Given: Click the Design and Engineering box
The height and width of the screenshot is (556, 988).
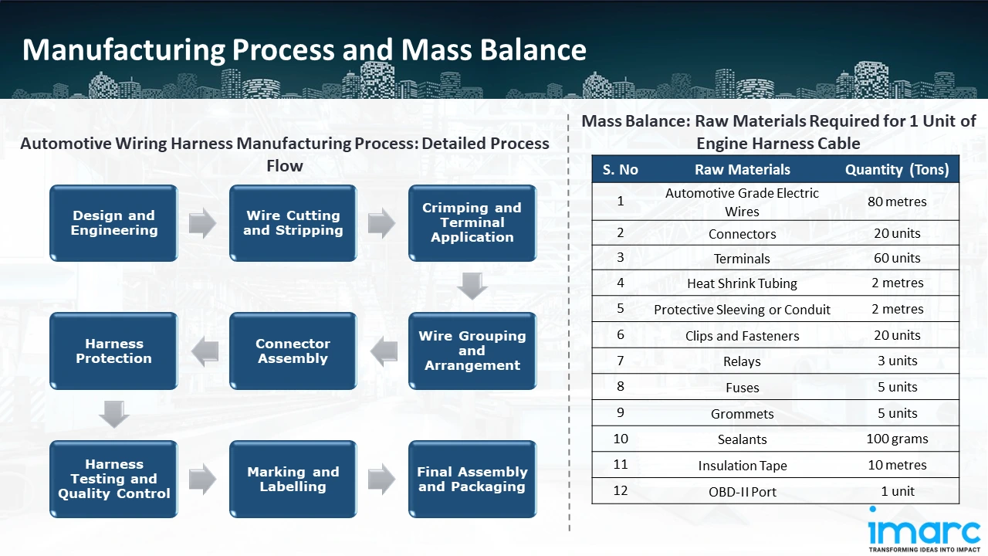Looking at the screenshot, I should [113, 223].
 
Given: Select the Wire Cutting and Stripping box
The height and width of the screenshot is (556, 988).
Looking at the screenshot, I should [293, 223].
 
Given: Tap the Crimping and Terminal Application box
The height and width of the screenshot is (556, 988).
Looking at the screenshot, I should [472, 223].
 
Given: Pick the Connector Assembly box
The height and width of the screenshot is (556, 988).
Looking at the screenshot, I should [293, 351].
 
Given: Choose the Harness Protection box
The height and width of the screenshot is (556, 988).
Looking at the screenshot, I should [113, 351].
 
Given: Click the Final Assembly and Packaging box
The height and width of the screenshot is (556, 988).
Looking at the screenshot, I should [472, 480].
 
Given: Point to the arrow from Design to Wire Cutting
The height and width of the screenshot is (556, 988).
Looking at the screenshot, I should [202, 224].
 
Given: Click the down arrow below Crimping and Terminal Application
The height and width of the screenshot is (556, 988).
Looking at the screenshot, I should [472, 286].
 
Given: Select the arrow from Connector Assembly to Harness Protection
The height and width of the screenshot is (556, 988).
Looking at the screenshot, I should [204, 352].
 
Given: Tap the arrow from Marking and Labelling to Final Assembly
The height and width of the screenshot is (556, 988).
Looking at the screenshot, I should [381, 480].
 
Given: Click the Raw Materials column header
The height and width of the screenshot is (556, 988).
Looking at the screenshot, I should [742, 170].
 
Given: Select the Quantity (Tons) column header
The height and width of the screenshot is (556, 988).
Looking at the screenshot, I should [896, 170].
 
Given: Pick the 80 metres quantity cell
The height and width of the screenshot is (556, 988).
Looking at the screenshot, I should [896, 202].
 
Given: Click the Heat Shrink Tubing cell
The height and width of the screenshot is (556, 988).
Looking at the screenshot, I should [742, 283].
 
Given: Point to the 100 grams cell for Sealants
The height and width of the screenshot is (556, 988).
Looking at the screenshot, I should [896, 439].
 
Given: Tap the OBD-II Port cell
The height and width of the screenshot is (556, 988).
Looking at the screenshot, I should [742, 492].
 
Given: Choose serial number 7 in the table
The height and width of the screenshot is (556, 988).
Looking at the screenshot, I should [621, 361].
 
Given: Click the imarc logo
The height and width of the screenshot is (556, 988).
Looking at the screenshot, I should [923, 531].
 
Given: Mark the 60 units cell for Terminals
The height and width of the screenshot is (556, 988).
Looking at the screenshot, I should [896, 258].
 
